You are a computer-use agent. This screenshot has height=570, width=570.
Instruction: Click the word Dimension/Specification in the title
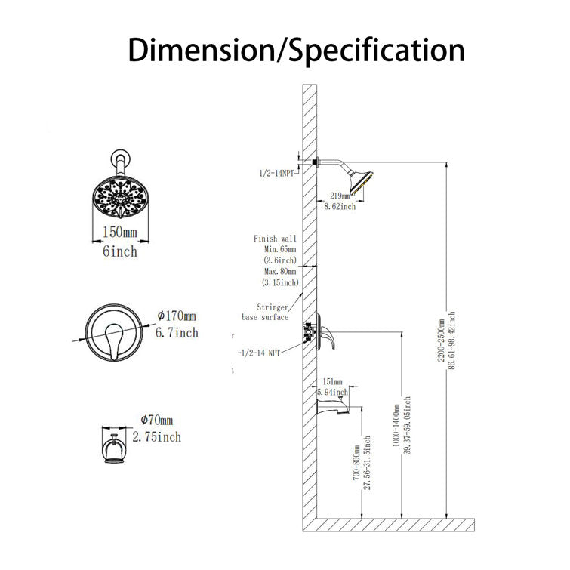pos(295,50)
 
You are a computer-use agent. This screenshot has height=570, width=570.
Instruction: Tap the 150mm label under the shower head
pos(119,232)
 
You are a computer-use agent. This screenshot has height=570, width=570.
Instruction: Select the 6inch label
pos(119,251)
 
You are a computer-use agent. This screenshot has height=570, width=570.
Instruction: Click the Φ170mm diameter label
pos(176,315)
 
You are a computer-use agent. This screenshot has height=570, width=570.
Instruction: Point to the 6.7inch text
pos(177,332)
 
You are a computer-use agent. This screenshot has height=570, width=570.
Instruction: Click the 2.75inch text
pos(156,436)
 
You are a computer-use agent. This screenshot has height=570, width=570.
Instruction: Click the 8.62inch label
pos(339,205)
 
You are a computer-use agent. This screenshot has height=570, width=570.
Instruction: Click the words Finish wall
pos(275,239)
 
